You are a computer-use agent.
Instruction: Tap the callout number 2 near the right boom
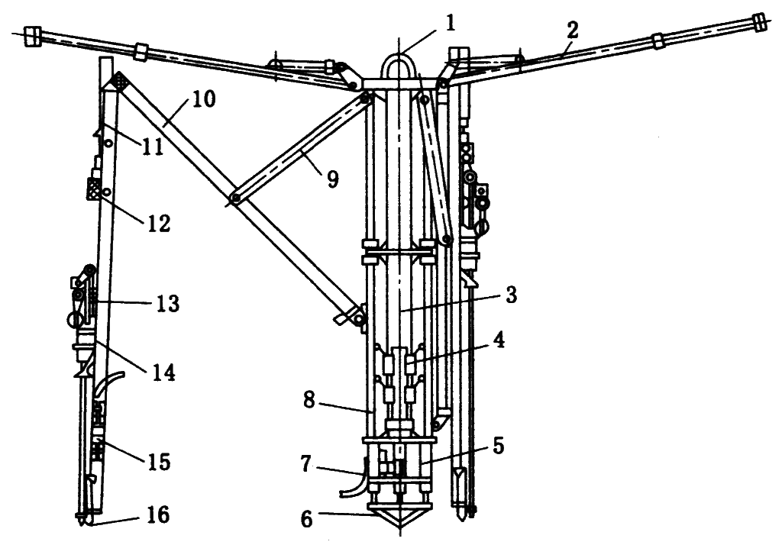coord(573,31)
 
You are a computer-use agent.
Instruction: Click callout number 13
coord(166,304)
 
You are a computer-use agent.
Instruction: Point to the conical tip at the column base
coord(399,520)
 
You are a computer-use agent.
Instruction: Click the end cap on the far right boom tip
coord(759,21)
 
